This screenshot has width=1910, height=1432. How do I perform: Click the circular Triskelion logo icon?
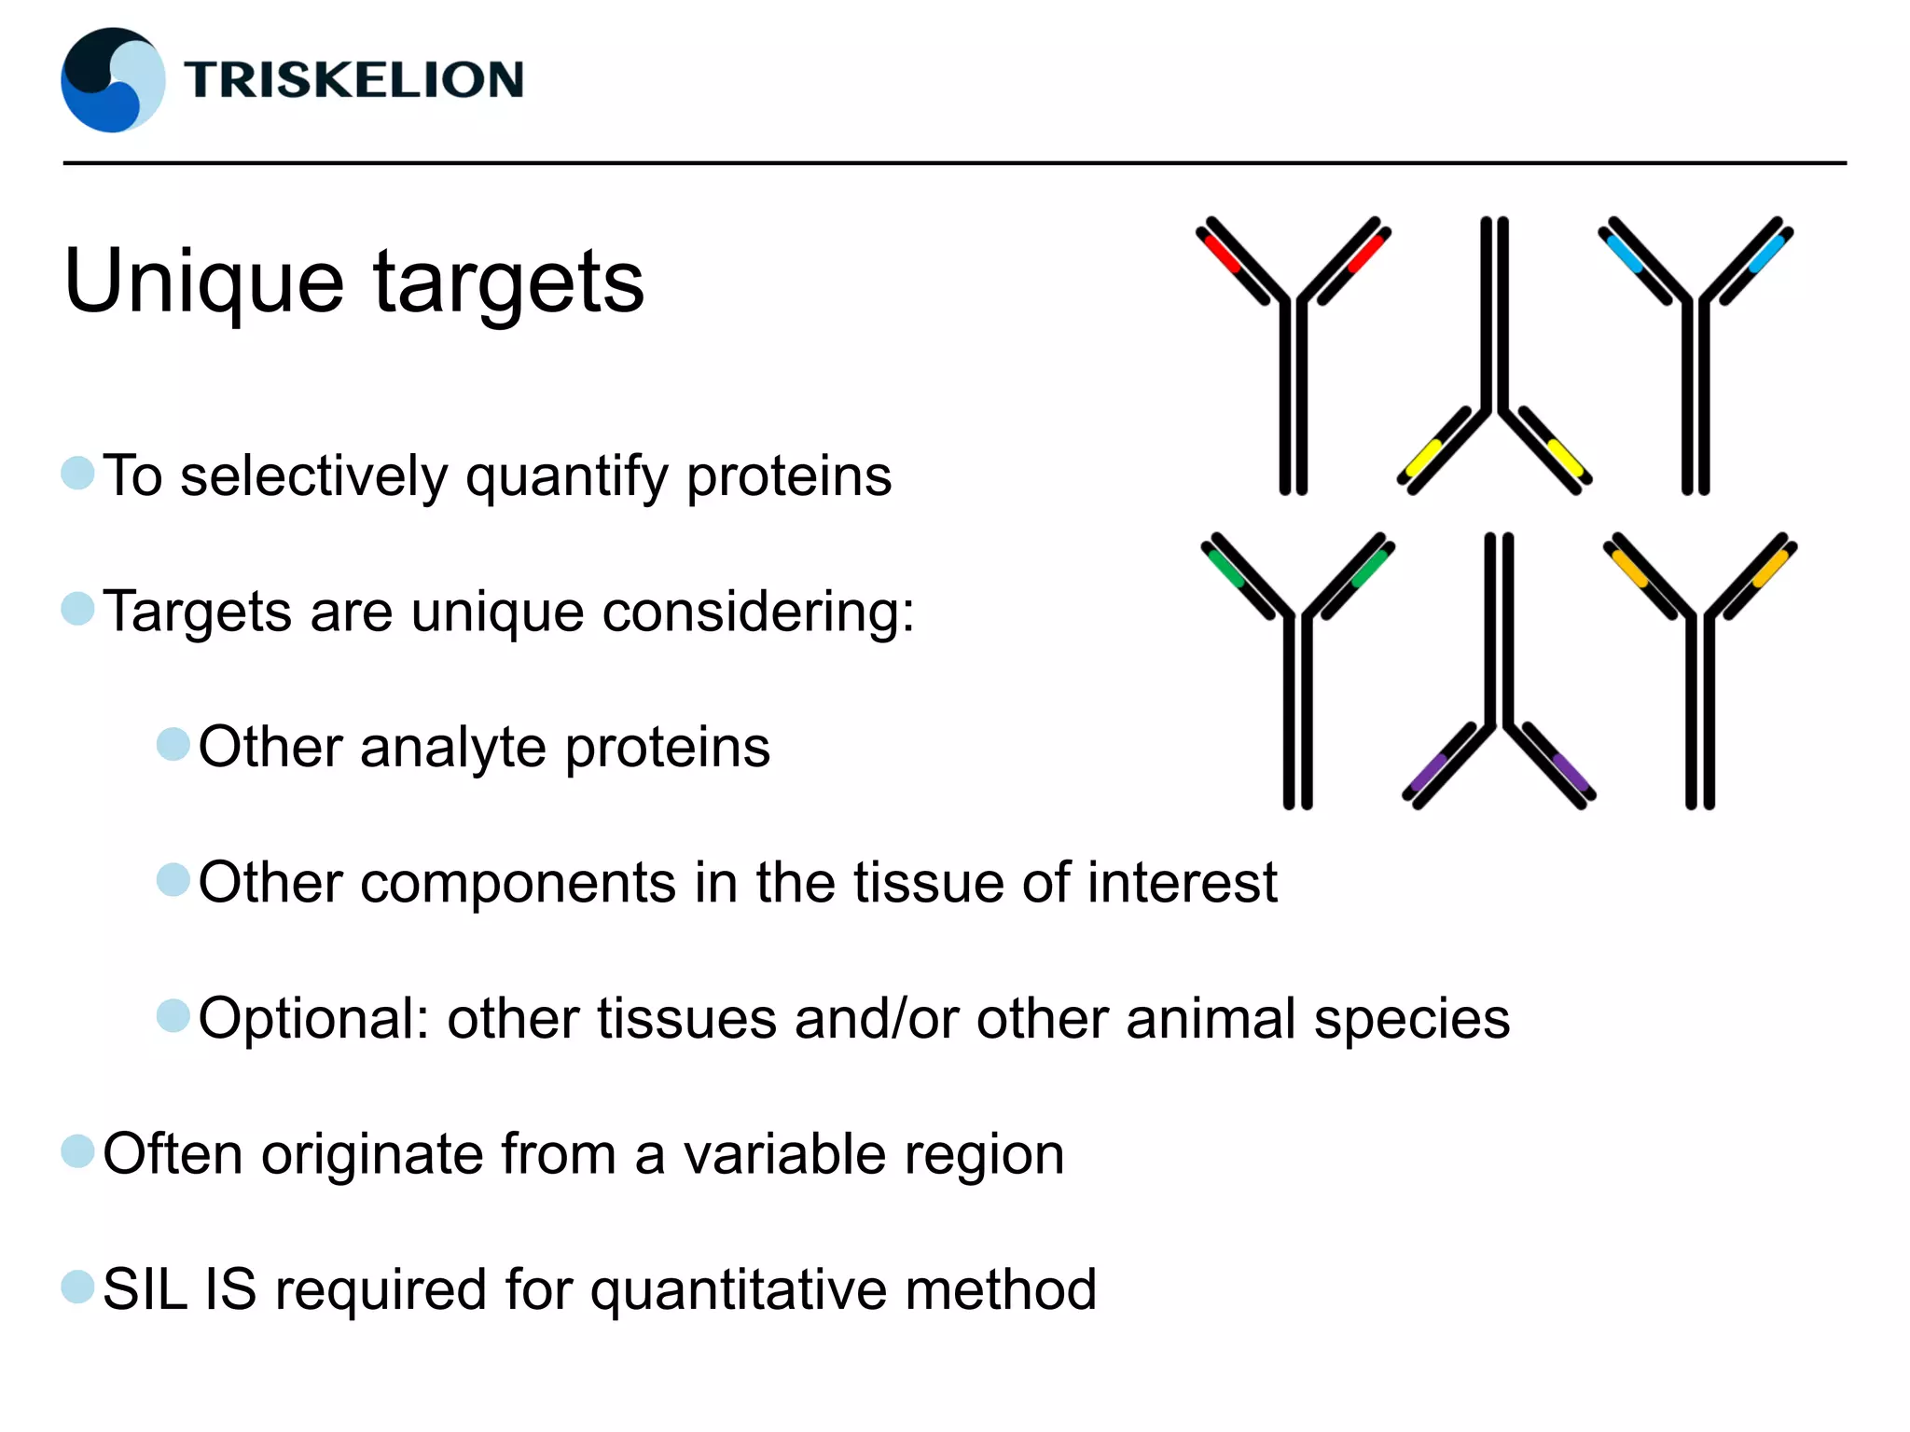(113, 80)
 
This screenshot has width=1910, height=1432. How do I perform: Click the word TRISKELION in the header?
(353, 80)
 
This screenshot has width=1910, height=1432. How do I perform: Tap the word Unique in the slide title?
(204, 281)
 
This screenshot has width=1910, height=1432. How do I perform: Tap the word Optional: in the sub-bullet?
(313, 1018)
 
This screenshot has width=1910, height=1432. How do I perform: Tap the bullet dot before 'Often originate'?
(78, 1151)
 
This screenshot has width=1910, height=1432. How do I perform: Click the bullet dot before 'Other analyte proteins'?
(173, 745)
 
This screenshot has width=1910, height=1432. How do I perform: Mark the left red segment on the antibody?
(1222, 253)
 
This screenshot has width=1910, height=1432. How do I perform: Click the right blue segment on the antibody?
(1765, 253)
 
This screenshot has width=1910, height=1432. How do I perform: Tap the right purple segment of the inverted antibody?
(1571, 772)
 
